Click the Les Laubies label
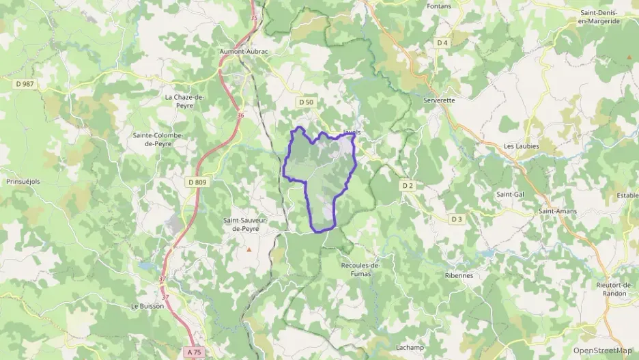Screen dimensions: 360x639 click(x=521, y=146)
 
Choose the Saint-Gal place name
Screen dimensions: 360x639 click(x=510, y=194)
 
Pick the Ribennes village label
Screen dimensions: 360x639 click(x=458, y=275)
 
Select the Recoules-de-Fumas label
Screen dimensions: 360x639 click(x=359, y=268)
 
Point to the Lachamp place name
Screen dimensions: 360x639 click(x=409, y=347)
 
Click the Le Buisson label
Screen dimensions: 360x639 click(x=147, y=306)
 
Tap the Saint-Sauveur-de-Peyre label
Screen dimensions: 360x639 click(x=246, y=224)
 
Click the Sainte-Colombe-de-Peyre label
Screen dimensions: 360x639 click(x=158, y=139)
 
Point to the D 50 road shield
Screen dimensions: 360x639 click(x=305, y=102)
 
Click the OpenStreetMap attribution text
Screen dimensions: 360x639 click(x=602, y=350)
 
